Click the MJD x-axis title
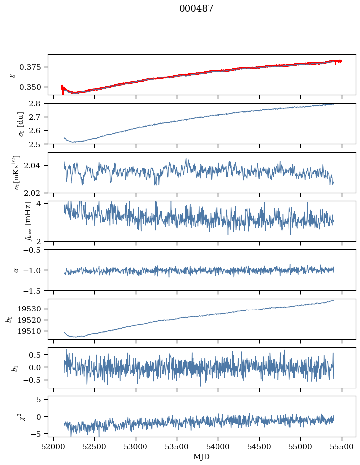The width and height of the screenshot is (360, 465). click(202, 456)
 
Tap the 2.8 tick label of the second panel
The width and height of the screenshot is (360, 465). click(38, 104)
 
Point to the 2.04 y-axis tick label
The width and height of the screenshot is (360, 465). click(36, 166)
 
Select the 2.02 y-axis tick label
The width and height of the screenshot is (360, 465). click(36, 193)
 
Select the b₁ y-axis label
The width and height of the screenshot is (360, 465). click(13, 368)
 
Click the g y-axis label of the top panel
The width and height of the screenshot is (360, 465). click(13, 75)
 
